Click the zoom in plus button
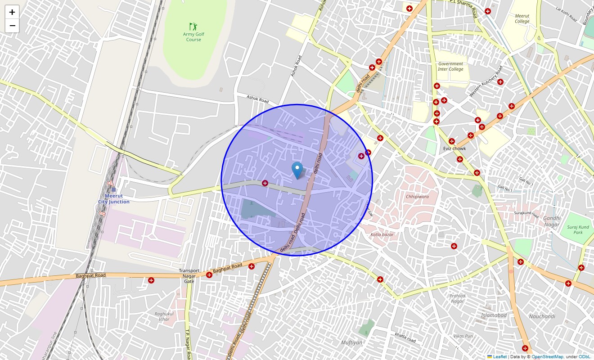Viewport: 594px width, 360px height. click(12, 12)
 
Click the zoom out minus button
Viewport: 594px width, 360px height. click(12, 26)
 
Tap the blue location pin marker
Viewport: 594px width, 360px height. click(297, 171)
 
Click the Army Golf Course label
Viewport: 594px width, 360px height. click(193, 37)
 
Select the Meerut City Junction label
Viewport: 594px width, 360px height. click(114, 199)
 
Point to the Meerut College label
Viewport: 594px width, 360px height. click(522, 18)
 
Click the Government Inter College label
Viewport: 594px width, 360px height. click(450, 67)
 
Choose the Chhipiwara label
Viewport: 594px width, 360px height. click(417, 197)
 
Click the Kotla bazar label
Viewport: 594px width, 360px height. click(382, 234)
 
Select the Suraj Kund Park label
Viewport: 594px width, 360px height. click(578, 230)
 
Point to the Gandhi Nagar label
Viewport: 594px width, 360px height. click(551, 221)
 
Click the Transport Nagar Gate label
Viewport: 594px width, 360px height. click(189, 276)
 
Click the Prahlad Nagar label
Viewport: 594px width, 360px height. click(457, 298)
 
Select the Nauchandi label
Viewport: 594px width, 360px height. click(542, 316)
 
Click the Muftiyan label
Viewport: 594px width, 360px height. click(351, 342)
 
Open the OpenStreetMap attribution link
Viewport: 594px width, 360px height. click(547, 357)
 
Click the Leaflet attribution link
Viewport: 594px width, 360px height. click(499, 357)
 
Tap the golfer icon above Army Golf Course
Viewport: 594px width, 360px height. click(193, 27)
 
